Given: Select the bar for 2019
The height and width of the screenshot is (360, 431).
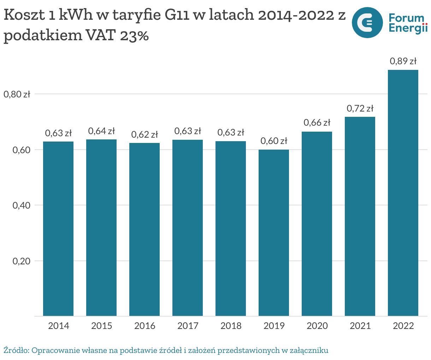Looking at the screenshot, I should point(273,233).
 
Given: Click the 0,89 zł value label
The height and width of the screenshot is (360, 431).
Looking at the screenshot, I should point(403,61).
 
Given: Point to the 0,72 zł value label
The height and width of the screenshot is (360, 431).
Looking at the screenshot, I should point(360,108).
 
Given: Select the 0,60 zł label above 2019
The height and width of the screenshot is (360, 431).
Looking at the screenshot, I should point(274,141).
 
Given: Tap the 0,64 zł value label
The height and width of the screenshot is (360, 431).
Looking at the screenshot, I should point(101,131).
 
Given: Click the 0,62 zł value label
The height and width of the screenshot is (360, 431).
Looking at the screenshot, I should point(144,134).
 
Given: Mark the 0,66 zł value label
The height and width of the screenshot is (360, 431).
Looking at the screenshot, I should point(317,122).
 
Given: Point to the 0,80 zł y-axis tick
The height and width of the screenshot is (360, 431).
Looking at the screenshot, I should point(17,94).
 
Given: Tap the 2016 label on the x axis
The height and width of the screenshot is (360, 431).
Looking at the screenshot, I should point(144,325).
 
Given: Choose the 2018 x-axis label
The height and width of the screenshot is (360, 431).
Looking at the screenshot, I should point(231,325).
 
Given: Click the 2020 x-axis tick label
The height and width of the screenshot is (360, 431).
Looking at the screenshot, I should point(317,325).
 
